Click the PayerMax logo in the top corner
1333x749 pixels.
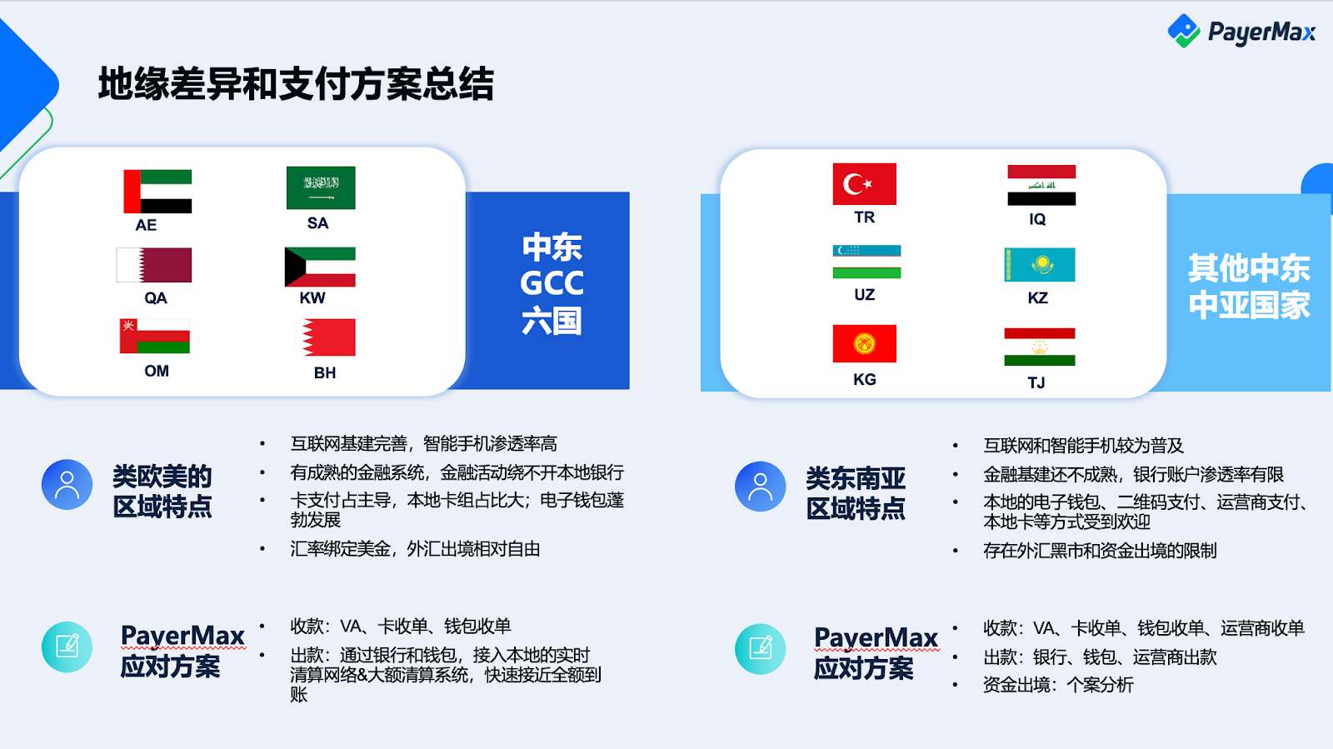tap(1241, 31)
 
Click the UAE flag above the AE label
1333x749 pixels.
tap(157, 191)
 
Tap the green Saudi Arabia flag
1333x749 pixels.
tap(321, 187)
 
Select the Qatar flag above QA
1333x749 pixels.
tap(154, 265)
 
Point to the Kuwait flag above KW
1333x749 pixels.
tap(320, 267)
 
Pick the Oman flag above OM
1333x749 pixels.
tap(155, 336)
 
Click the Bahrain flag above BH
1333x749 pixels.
tap(328, 337)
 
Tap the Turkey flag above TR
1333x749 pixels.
tap(864, 184)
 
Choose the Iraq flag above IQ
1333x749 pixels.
tap(1041, 185)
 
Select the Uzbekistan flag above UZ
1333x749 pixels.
tap(866, 262)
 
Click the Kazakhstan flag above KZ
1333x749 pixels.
tap(1040, 265)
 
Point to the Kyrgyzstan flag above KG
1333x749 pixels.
tap(864, 343)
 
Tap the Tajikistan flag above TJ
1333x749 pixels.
tap(1040, 347)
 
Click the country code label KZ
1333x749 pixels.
tap(1038, 297)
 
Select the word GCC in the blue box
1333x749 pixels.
tap(552, 283)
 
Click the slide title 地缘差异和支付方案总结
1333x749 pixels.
tap(296, 84)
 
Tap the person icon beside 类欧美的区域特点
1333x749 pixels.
tap(67, 484)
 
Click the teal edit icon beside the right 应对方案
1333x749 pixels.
tap(760, 648)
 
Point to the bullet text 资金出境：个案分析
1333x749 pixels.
tap(1058, 685)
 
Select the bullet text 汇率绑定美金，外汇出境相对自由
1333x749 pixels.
tap(416, 548)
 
